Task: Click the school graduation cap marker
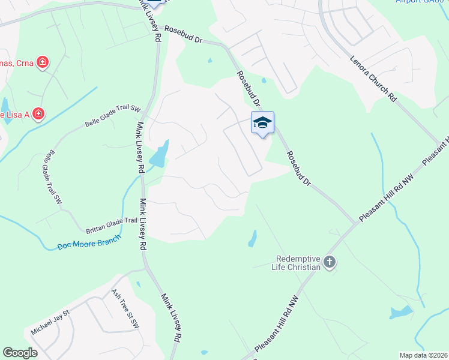pyautogui.click(x=262, y=123)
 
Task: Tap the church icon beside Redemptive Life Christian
pyautogui.click(x=329, y=262)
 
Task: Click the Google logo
pyautogui.click(x=20, y=353)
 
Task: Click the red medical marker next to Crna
pyautogui.click(x=42, y=62)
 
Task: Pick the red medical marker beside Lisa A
pyautogui.click(x=38, y=113)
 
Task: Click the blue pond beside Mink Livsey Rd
pyautogui.click(x=158, y=155)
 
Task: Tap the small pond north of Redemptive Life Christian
pyautogui.click(x=253, y=238)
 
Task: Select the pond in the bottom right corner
pyautogui.click(x=400, y=312)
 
